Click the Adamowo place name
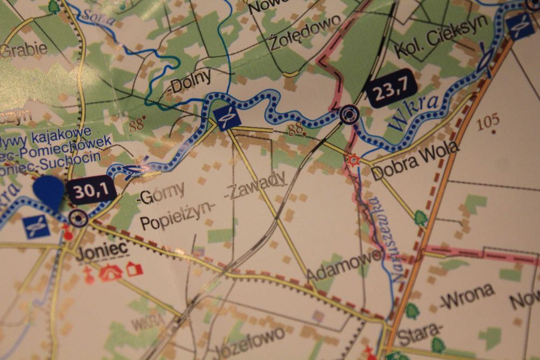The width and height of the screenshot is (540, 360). pyautogui.click(x=343, y=266)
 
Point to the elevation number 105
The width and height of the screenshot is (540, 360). pyautogui.click(x=488, y=122)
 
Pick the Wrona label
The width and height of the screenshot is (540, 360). pyautogui.click(x=467, y=296)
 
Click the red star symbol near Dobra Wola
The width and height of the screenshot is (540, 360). pyautogui.click(x=354, y=160)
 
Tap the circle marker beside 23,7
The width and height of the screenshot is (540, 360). pyautogui.click(x=349, y=113)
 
